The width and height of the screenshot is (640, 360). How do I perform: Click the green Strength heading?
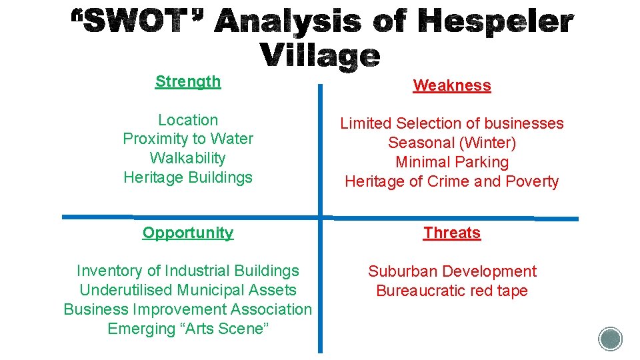click(188, 81)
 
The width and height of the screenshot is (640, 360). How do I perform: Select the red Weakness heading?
click(452, 85)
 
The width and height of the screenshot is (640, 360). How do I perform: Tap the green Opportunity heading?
click(188, 233)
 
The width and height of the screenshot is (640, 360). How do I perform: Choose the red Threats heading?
click(452, 233)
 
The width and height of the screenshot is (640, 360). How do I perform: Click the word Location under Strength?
click(188, 120)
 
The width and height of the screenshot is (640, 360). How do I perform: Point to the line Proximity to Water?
click(188, 139)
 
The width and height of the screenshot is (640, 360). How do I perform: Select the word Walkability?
click(188, 158)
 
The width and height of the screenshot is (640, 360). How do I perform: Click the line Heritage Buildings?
click(188, 177)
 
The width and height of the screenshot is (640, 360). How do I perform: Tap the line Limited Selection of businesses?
click(452, 123)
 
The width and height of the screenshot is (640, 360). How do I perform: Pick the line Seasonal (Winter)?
click(452, 143)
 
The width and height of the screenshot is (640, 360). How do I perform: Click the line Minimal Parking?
click(452, 162)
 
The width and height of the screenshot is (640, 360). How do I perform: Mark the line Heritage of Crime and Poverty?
click(452, 181)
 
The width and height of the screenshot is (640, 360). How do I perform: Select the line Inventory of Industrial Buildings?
click(188, 271)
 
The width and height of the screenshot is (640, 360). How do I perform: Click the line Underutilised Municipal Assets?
click(188, 290)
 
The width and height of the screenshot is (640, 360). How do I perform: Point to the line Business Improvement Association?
click(188, 309)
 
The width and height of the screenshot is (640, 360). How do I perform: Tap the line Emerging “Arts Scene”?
click(188, 329)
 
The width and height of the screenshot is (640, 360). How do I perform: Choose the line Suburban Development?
click(452, 271)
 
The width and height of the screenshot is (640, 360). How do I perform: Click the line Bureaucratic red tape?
click(452, 291)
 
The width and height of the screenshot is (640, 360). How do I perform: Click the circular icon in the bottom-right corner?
click(610, 339)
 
